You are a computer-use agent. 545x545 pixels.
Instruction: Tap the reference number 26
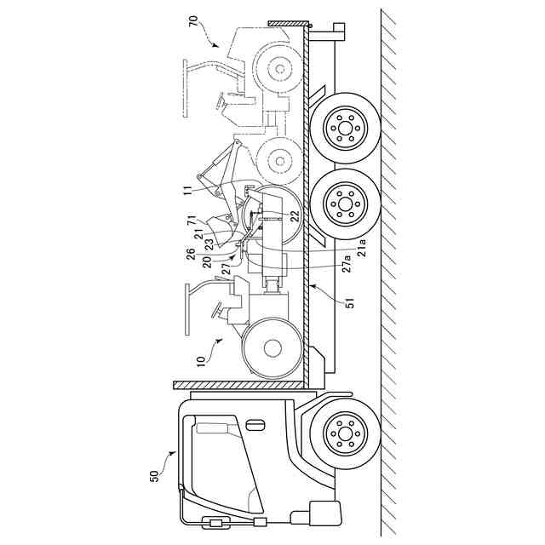(189, 252)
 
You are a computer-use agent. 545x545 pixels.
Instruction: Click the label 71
(189, 221)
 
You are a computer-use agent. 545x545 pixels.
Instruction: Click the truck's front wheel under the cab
(344, 434)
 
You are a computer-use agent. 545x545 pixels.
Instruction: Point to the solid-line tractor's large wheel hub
(273, 347)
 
